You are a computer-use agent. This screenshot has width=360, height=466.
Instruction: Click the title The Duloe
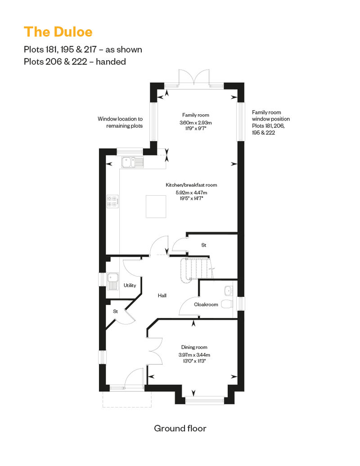click(58, 32)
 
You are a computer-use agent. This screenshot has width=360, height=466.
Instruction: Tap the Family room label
click(196, 115)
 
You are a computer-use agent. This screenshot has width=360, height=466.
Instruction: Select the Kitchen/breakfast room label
click(191, 185)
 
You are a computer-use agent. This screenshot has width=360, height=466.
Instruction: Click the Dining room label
click(194, 347)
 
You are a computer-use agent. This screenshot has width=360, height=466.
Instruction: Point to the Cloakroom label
click(206, 305)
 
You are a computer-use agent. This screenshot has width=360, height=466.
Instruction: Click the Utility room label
click(130, 285)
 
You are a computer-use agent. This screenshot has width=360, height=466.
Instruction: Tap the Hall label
click(162, 296)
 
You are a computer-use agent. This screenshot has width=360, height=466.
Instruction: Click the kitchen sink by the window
click(132, 162)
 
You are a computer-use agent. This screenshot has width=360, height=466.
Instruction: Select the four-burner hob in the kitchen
click(112, 201)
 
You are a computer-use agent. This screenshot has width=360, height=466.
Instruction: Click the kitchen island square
click(156, 206)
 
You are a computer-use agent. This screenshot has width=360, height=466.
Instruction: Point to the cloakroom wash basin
click(228, 291)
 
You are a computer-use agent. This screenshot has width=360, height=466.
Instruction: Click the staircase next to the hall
click(197, 269)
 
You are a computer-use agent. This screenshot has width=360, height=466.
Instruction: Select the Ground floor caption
click(180, 428)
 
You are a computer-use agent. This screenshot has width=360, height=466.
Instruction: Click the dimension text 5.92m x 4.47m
click(191, 193)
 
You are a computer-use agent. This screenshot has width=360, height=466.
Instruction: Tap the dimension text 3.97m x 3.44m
click(194, 355)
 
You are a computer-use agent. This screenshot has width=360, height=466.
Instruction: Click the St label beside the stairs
click(204, 245)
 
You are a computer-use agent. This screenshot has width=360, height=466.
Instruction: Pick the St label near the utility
click(115, 311)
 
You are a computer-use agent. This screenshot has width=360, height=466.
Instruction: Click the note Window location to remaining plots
click(120, 122)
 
